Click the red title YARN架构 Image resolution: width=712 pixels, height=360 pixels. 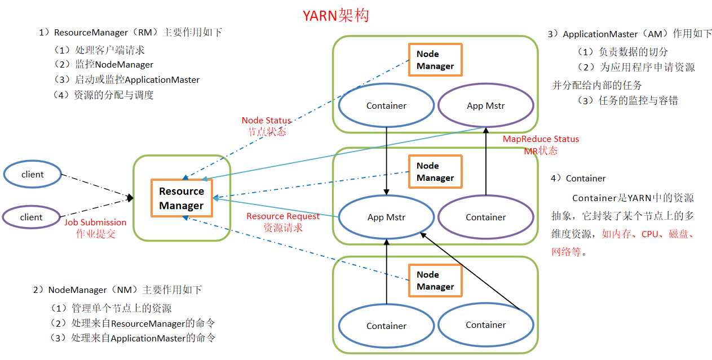[335, 16]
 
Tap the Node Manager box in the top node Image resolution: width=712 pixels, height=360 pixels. [435, 60]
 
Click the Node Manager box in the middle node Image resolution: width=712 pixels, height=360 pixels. [435, 172]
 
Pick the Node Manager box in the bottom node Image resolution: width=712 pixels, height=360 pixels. [435, 281]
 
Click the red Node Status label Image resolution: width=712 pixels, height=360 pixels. [266, 121]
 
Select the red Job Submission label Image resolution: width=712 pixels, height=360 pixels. [95, 223]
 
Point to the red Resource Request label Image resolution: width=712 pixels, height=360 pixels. [283, 216]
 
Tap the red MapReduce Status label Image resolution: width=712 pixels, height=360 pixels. [541, 139]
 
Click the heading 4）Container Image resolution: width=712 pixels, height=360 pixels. [578, 178]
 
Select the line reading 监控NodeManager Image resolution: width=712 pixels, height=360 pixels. [104, 64]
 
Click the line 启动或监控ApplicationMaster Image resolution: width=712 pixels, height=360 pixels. [127, 79]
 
